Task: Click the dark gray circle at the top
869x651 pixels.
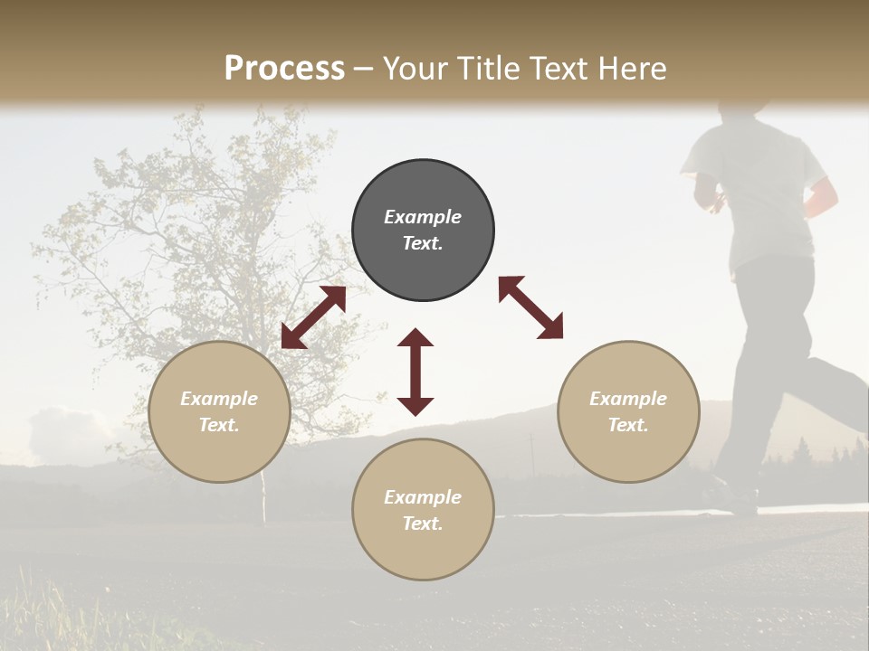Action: pyautogui.click(x=423, y=231)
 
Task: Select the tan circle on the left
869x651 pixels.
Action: pyautogui.click(x=219, y=411)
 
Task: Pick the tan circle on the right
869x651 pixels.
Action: pyautogui.click(x=628, y=411)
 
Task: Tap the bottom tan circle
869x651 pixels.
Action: pyautogui.click(x=423, y=509)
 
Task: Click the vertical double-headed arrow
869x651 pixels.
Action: pyautogui.click(x=415, y=372)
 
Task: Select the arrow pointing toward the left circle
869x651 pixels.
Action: pyautogui.click(x=313, y=317)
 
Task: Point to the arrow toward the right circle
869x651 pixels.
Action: pyautogui.click(x=531, y=307)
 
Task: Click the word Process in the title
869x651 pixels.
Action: pyautogui.click(x=284, y=68)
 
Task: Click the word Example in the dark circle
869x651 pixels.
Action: pyautogui.click(x=423, y=217)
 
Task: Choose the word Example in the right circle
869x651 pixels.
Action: pyautogui.click(x=628, y=399)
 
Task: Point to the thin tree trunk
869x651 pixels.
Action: pyautogui.click(x=264, y=497)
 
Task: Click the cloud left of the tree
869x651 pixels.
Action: pyautogui.click(x=63, y=434)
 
